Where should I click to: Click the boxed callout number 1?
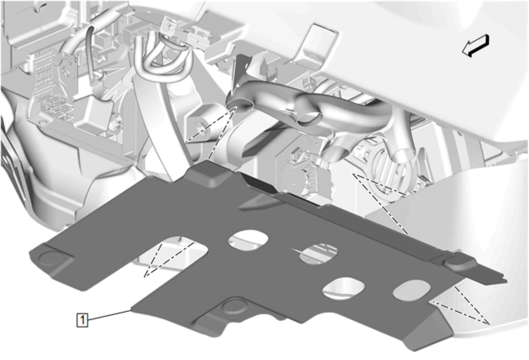pyautogui.click(x=82, y=320)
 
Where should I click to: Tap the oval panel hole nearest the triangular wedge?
pyautogui.click(x=411, y=290)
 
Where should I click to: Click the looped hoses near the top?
pyautogui.click(x=163, y=57)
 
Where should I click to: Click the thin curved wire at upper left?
pyautogui.click(x=93, y=54)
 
